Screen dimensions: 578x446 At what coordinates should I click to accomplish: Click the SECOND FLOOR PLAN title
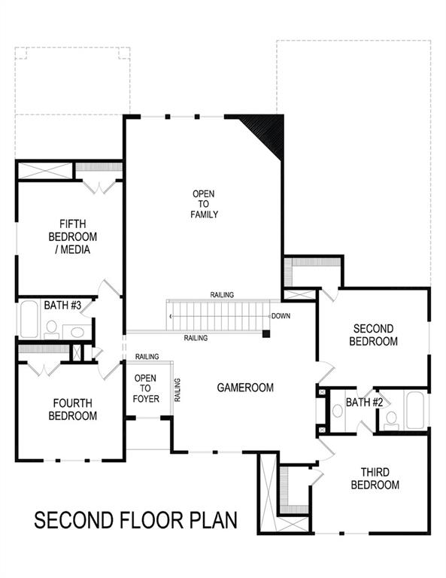(136, 520)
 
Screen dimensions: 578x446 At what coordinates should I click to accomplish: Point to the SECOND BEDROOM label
(375, 335)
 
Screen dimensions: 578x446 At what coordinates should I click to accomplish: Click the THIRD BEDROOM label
(375, 479)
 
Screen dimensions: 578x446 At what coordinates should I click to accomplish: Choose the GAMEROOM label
(245, 388)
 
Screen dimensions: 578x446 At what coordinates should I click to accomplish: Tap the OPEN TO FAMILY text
(204, 204)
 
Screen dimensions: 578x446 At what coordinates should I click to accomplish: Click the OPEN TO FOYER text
(147, 388)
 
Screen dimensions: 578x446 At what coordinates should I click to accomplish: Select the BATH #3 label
(57, 305)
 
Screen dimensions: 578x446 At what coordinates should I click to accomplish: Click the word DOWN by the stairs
(281, 316)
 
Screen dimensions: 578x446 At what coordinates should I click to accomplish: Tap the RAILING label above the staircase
(222, 295)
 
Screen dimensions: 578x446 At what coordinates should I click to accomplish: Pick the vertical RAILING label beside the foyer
(177, 388)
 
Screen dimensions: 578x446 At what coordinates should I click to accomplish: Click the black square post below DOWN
(266, 333)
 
